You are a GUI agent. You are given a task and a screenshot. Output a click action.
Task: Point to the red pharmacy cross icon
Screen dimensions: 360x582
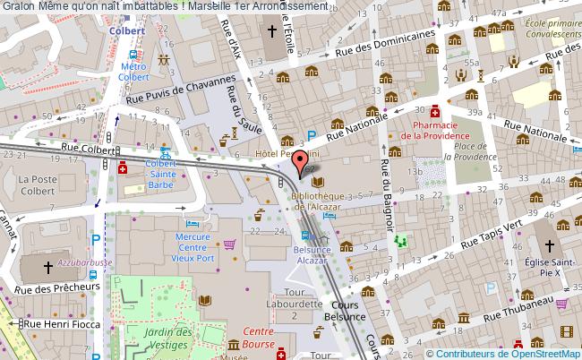(434, 112)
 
